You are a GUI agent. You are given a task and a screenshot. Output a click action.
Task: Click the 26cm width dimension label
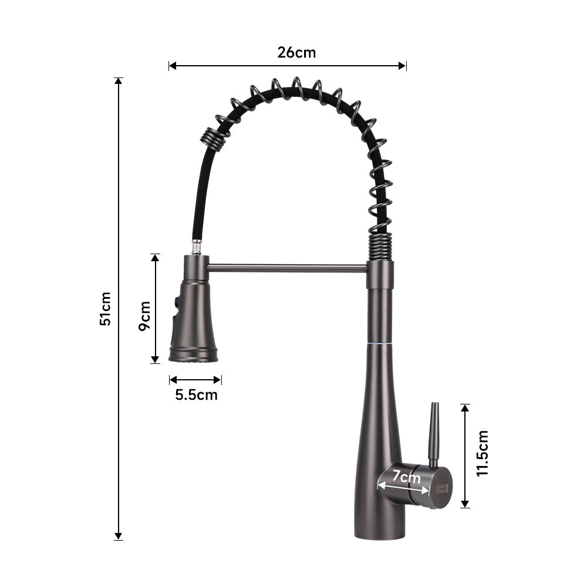[x=296, y=53]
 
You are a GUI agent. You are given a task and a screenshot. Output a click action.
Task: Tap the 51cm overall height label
[x=105, y=309]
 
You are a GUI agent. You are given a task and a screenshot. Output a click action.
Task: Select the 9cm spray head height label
[x=144, y=316]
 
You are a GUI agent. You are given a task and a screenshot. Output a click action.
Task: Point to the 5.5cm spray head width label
[x=196, y=395]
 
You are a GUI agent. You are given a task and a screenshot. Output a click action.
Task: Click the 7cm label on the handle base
[x=406, y=477]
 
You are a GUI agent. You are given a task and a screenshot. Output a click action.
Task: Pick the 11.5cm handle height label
[x=483, y=453]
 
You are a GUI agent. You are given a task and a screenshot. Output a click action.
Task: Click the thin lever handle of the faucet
[x=434, y=434]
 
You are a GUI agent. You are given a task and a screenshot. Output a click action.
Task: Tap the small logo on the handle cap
[x=442, y=488]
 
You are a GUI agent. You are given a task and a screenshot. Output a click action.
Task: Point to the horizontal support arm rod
[x=288, y=268]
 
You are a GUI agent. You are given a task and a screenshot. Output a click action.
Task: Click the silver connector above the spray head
[x=197, y=247]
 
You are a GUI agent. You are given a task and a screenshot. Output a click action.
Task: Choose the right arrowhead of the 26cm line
[x=403, y=66]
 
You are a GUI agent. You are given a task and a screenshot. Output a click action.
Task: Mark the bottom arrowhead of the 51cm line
[x=119, y=535]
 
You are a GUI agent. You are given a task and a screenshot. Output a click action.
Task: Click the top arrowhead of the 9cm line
[x=156, y=258]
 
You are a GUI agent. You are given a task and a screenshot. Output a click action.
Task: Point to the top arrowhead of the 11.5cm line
[x=465, y=408]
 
